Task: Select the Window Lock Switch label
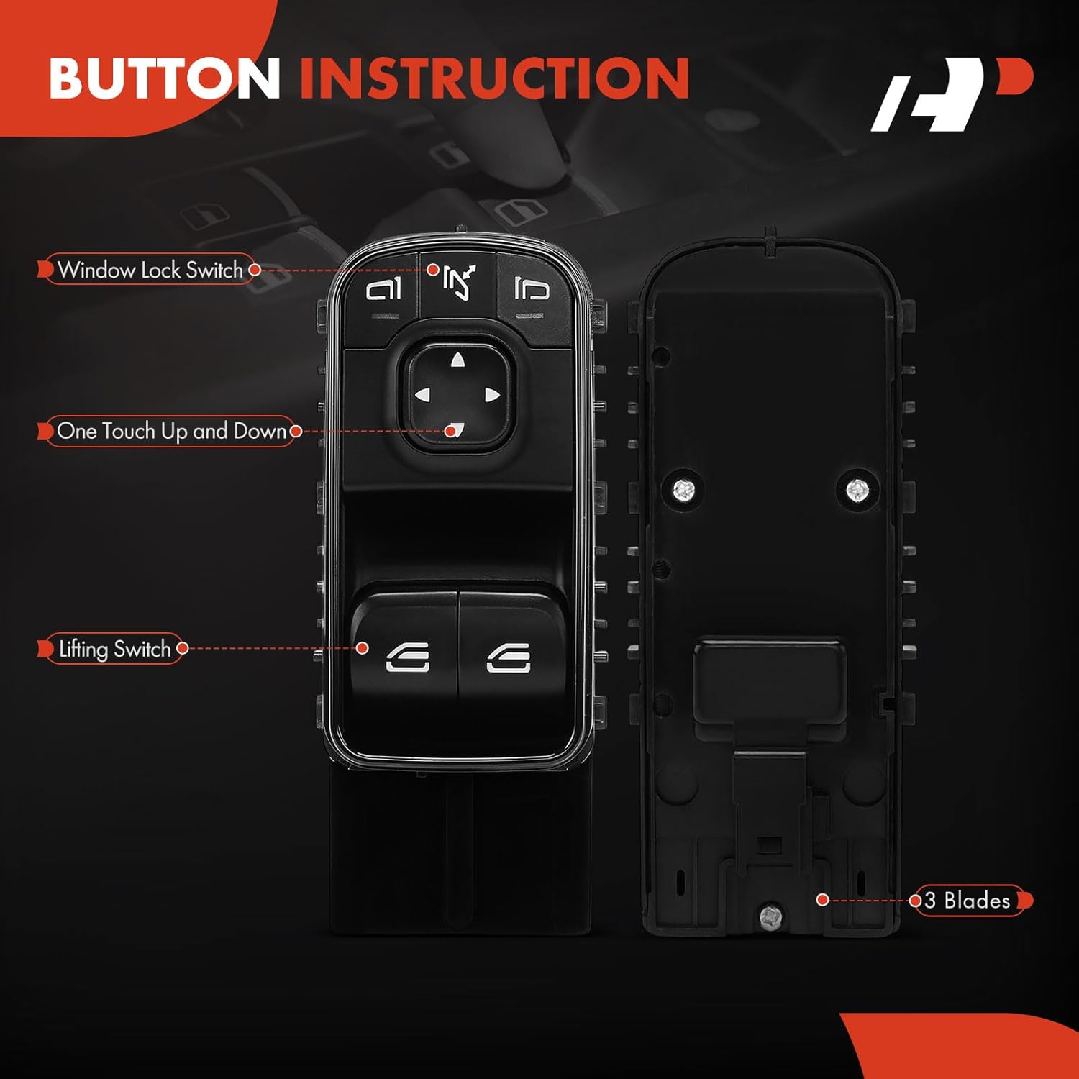pyautogui.click(x=150, y=270)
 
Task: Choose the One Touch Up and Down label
pyautogui.click(x=171, y=431)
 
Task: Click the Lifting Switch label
pyautogui.click(x=114, y=649)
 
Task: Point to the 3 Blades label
pyautogui.click(x=968, y=900)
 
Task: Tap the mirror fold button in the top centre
pyautogui.click(x=458, y=282)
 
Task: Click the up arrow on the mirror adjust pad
pyautogui.click(x=457, y=360)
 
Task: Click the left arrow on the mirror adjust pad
pyautogui.click(x=422, y=394)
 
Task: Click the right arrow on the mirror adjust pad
pyautogui.click(x=492, y=394)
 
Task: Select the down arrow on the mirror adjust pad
pyautogui.click(x=456, y=429)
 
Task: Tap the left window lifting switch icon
pyautogui.click(x=408, y=657)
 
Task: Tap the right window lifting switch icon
pyautogui.click(x=509, y=657)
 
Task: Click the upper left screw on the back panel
pyautogui.click(x=683, y=491)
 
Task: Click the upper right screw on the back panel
pyautogui.click(x=857, y=491)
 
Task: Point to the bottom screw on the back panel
pyautogui.click(x=770, y=916)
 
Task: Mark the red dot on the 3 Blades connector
pyautogui.click(x=823, y=900)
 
